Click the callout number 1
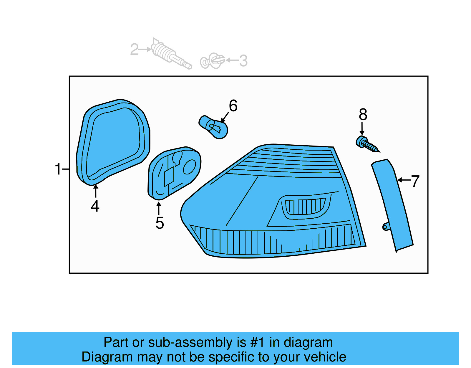(58, 169)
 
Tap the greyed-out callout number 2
(134, 49)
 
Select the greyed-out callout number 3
(243, 61)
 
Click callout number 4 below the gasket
(95, 206)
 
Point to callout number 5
(160, 223)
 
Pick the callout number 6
(233, 106)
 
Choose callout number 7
(415, 181)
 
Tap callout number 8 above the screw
(363, 114)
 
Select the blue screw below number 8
(366, 144)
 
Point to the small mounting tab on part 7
(386, 226)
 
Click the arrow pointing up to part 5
(159, 208)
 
